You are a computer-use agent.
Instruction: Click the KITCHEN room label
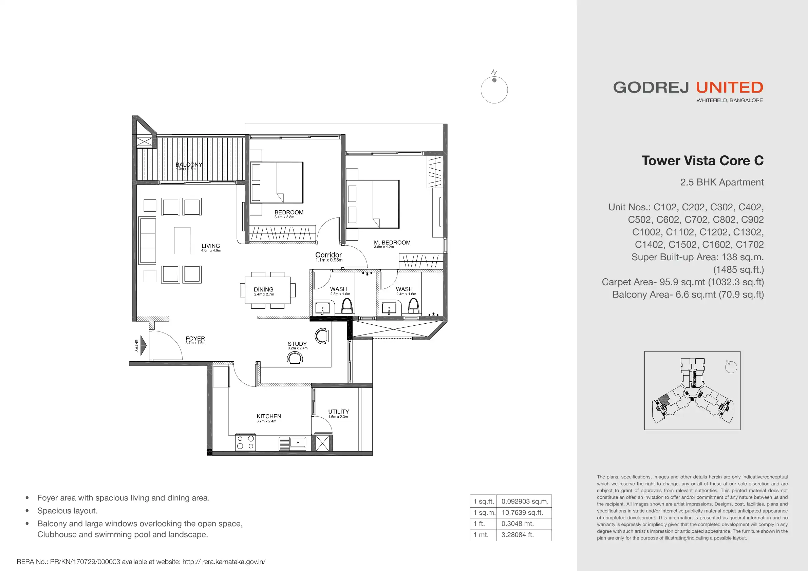pos(269,416)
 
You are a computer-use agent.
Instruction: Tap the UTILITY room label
pos(339,412)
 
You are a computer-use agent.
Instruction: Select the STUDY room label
pos(297,344)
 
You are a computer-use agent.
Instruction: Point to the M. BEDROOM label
pos(392,242)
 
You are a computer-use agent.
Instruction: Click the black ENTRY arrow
pos(143,345)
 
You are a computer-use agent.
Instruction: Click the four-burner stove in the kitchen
pos(245,442)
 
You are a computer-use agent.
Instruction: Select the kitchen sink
pos(293,443)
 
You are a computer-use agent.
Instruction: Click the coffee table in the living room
pos(182,241)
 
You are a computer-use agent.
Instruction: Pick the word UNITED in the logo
pos(730,88)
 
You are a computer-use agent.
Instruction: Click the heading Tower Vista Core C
pos(702,161)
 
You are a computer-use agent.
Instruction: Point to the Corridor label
pos(328,255)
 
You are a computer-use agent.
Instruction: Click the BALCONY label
pos(189,165)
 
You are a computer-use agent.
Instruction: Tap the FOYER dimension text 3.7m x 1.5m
pos(195,343)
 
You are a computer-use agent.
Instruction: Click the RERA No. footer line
pos(141,562)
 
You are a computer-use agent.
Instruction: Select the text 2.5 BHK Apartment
pos(722,182)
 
